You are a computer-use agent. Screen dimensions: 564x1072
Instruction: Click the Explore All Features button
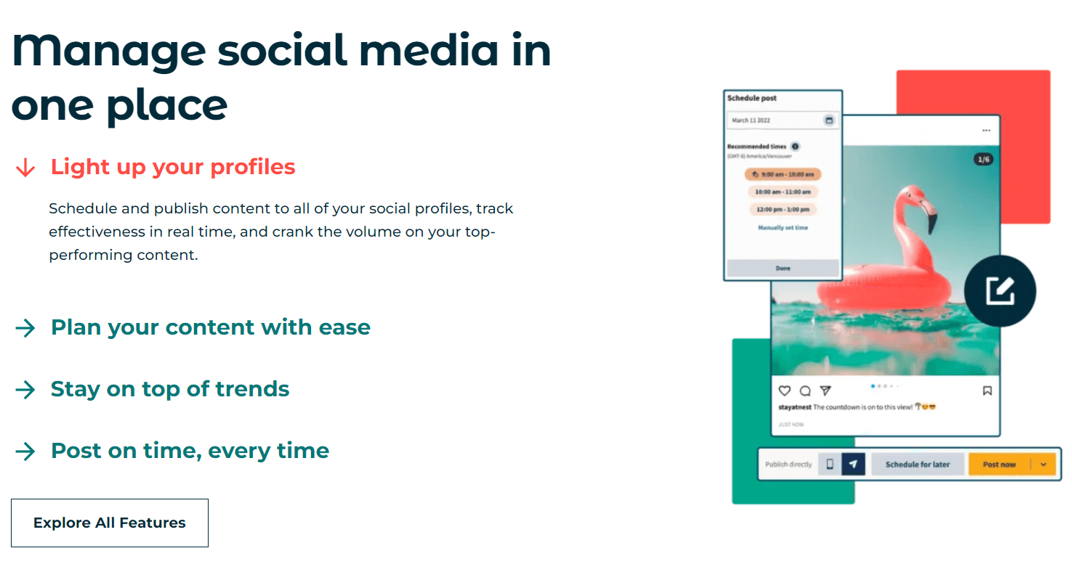[110, 523]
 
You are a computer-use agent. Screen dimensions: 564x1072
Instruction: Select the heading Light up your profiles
[173, 167]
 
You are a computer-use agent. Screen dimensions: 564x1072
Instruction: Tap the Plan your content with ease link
[210, 327]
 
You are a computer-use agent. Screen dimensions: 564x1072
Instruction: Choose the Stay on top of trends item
[170, 389]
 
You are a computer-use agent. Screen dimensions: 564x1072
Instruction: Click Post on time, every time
[190, 451]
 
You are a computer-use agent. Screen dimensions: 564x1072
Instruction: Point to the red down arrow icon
[25, 168]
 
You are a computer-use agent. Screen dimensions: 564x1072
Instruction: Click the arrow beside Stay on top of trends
[25, 390]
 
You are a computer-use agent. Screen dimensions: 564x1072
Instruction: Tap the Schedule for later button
[917, 465]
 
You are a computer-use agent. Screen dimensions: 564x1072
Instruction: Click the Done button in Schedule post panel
[783, 268]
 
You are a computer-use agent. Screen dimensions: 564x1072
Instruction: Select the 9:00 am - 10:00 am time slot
[783, 175]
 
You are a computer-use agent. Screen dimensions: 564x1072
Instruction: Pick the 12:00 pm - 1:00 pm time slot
[783, 210]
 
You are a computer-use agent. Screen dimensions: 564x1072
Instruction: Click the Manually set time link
[783, 228]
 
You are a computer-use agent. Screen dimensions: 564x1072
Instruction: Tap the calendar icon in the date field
[829, 120]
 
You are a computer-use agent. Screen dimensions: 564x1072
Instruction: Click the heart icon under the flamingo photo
[784, 391]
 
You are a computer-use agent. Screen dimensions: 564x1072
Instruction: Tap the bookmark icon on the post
[987, 391]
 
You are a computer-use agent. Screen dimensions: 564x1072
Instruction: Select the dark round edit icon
[1000, 291]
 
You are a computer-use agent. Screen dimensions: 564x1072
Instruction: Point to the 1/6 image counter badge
[983, 159]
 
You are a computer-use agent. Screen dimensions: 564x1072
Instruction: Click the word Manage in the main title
[109, 51]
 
